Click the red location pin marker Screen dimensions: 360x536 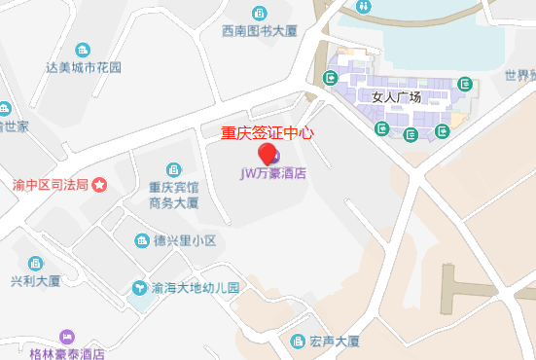266,153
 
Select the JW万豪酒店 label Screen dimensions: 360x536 273,174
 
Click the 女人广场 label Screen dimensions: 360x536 396,97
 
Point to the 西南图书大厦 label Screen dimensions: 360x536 259,30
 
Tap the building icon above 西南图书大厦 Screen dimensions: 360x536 259,12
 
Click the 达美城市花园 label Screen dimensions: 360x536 84,67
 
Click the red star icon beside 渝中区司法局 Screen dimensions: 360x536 98,184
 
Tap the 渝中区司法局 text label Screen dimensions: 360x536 51,184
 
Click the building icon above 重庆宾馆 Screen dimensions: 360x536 174,169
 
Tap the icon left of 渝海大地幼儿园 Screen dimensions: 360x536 140,288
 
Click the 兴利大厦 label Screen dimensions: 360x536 36,280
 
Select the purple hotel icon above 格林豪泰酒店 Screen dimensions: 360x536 67,336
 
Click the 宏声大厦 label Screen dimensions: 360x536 335,342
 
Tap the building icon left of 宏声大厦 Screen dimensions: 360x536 299,342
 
